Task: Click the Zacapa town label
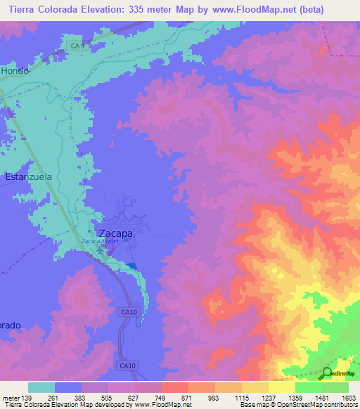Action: click(x=114, y=233)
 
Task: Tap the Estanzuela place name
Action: click(x=29, y=178)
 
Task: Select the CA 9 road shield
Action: click(x=77, y=46)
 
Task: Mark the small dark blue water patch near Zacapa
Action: click(x=131, y=265)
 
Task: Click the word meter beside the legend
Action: click(x=10, y=398)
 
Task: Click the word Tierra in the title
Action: click(x=25, y=10)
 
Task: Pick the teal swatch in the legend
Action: click(x=41, y=387)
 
